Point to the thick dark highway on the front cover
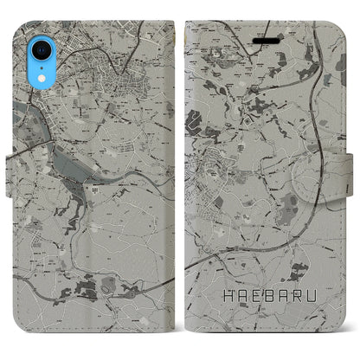(x=286, y=216)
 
